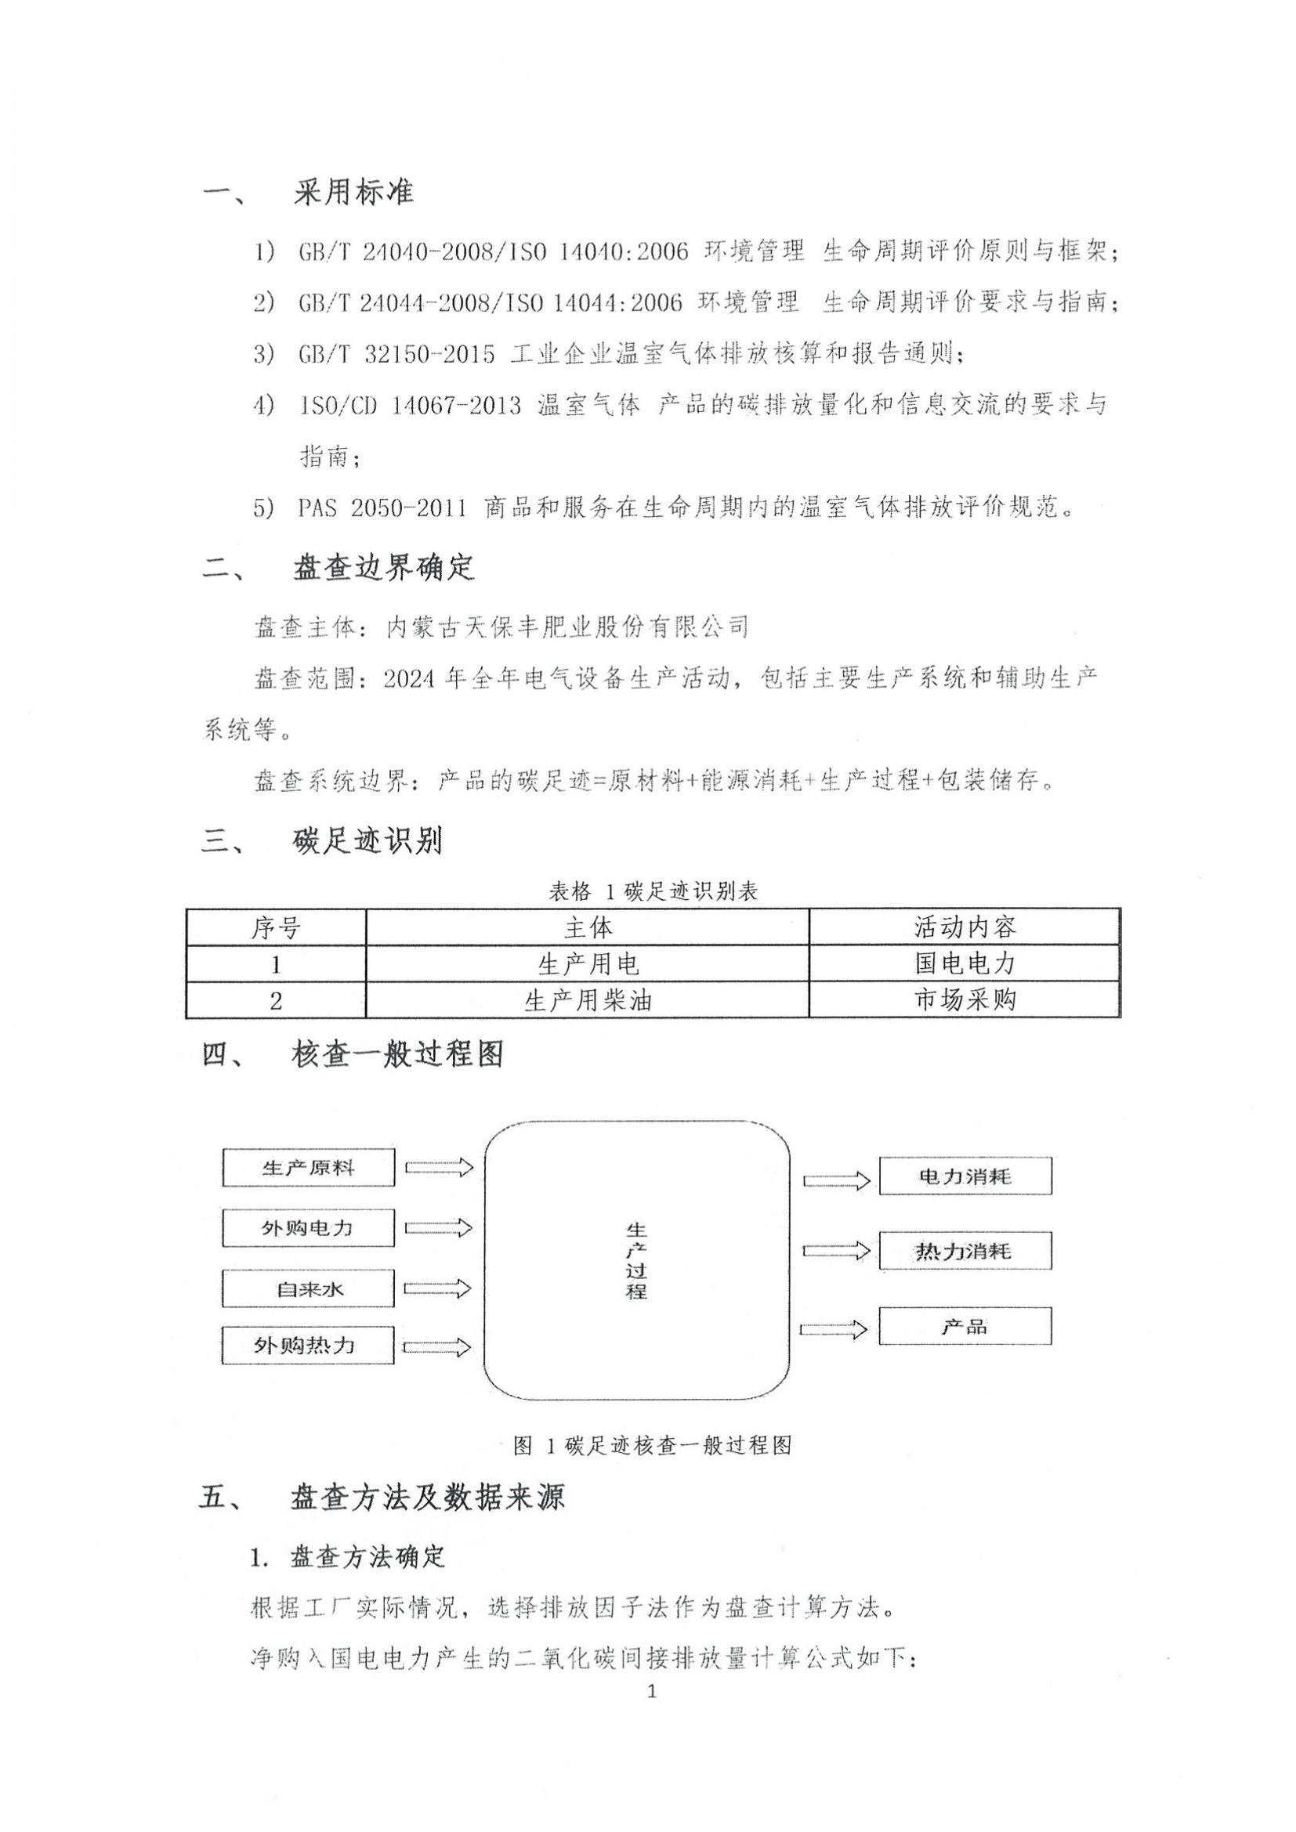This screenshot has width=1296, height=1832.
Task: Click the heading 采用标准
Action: [x=353, y=193]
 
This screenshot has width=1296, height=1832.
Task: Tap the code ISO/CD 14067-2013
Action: [x=409, y=406]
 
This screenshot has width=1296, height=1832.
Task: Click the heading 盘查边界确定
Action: [x=384, y=568]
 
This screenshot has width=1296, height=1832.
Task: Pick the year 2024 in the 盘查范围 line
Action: [x=409, y=679]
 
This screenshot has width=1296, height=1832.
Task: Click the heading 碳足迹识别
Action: [x=367, y=841]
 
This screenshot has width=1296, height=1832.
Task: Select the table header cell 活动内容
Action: [x=965, y=927]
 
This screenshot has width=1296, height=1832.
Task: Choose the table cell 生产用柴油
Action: [x=588, y=1000]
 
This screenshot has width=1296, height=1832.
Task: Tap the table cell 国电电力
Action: [x=965, y=964]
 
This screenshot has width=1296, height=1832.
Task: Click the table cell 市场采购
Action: [x=965, y=999]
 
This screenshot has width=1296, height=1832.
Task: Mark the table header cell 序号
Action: [x=276, y=927]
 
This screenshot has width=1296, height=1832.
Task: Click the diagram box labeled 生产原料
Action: [x=308, y=1168]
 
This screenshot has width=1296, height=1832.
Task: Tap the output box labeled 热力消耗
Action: [x=965, y=1250]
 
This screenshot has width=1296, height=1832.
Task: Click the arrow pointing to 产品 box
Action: [x=834, y=1329]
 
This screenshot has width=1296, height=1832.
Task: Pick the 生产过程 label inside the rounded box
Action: [x=636, y=1260]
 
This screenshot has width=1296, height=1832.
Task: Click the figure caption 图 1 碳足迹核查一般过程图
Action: [x=652, y=1444]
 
